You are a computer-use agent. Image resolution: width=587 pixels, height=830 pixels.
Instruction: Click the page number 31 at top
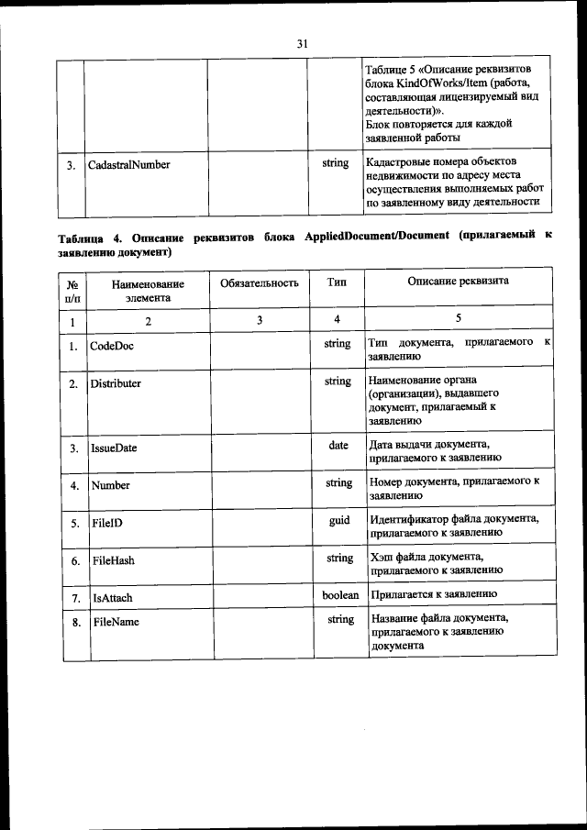[302, 43]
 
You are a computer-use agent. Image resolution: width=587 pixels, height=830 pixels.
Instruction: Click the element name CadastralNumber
[129, 165]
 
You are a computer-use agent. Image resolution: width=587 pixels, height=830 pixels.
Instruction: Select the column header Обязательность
[260, 282]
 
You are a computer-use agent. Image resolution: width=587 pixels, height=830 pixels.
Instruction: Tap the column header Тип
[337, 282]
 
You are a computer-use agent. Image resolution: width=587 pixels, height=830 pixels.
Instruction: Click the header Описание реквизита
[459, 282]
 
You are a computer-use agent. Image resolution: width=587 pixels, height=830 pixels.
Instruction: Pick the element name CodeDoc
[113, 346]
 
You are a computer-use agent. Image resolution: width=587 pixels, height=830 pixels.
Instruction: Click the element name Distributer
[116, 383]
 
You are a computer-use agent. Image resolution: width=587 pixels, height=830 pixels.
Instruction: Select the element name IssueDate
[114, 448]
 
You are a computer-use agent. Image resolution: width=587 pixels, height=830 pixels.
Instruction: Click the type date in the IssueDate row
[338, 446]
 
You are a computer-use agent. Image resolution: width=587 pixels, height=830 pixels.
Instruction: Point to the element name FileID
[107, 523]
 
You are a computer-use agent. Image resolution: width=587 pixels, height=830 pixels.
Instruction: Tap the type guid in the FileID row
[339, 520]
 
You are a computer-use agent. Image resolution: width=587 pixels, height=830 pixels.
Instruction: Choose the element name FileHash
[114, 559]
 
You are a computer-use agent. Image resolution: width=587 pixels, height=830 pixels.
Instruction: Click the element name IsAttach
[112, 598]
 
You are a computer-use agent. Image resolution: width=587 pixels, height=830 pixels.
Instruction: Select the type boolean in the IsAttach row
[340, 595]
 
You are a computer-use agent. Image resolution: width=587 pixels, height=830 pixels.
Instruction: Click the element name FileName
[116, 622]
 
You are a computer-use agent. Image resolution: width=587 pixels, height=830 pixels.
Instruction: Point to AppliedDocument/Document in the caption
[376, 237]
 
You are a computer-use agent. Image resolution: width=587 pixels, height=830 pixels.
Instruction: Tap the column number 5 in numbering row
[459, 319]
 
